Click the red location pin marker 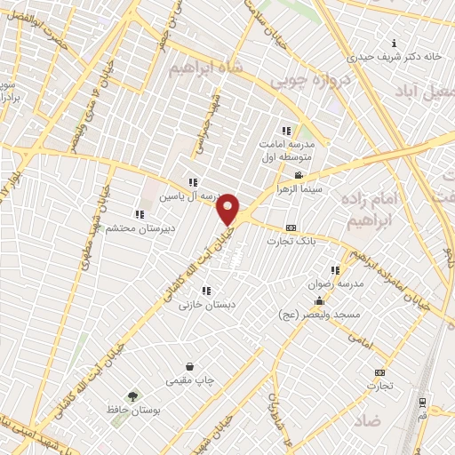(228, 209)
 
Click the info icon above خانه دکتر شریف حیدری (394, 42)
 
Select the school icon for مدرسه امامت (285, 130)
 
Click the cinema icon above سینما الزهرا (299, 175)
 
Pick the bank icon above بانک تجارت (291, 228)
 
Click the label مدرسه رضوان (334, 284)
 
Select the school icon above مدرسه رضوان (334, 271)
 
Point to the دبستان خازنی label (197, 305)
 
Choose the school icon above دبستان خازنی (206, 291)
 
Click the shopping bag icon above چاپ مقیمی (189, 366)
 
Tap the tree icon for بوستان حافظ (133, 396)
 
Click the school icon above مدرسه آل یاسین (193, 182)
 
